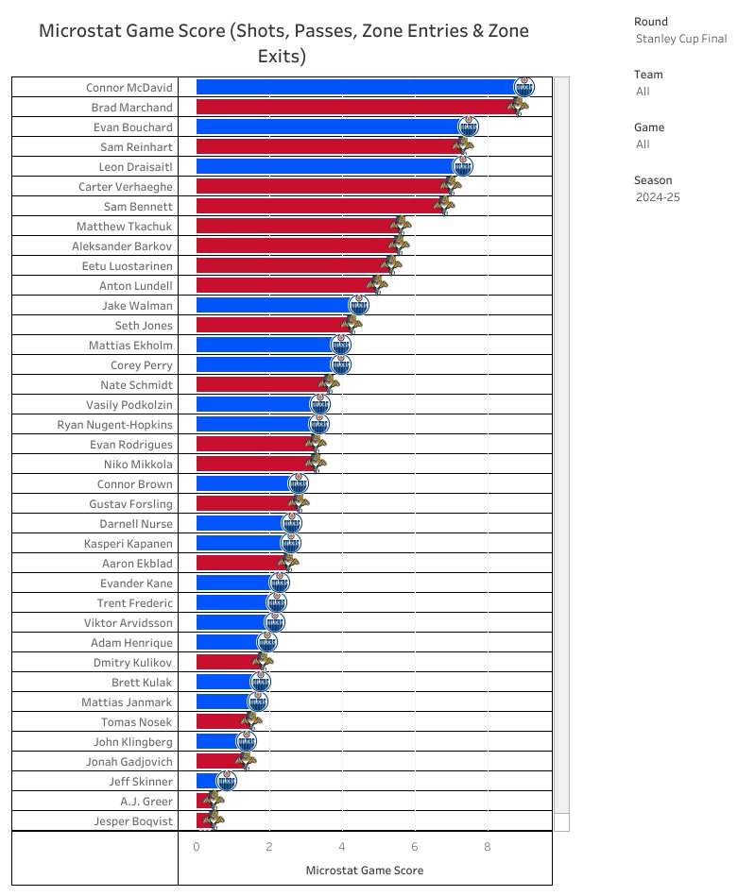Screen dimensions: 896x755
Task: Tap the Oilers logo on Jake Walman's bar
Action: point(358,305)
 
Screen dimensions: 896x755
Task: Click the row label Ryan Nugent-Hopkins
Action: point(115,424)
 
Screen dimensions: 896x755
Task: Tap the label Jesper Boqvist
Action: point(133,820)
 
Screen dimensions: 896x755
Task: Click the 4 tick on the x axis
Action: point(342,847)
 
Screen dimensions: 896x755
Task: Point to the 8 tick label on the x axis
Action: point(488,847)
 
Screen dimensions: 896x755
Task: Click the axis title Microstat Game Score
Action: point(365,870)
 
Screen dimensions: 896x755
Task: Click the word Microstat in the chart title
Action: point(81,31)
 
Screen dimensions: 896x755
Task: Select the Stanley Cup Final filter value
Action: point(681,39)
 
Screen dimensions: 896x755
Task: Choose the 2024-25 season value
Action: point(658,197)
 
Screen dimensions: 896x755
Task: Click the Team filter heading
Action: point(649,75)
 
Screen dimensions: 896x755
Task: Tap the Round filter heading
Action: point(652,22)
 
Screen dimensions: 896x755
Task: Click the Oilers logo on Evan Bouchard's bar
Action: point(469,127)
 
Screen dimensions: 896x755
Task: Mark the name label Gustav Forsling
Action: point(130,503)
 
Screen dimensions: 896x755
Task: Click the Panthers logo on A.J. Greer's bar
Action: point(214,801)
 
